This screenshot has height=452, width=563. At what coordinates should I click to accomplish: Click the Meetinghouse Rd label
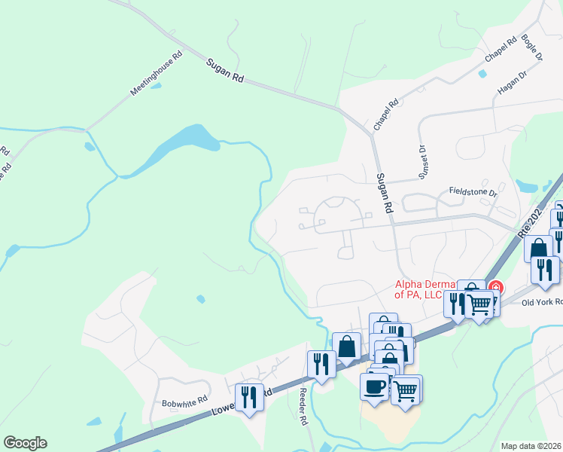tap(157, 73)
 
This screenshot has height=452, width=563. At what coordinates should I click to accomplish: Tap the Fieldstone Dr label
tap(473, 193)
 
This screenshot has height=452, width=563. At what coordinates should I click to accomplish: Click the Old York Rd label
tap(542, 302)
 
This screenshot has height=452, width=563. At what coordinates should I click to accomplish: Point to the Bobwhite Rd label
tap(184, 402)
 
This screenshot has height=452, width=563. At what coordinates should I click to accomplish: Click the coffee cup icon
tap(375, 387)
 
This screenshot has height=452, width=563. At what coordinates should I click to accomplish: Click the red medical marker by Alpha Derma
tap(496, 286)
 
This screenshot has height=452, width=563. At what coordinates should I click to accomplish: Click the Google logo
tap(25, 443)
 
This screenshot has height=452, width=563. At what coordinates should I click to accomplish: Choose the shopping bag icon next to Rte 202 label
tap(538, 248)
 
